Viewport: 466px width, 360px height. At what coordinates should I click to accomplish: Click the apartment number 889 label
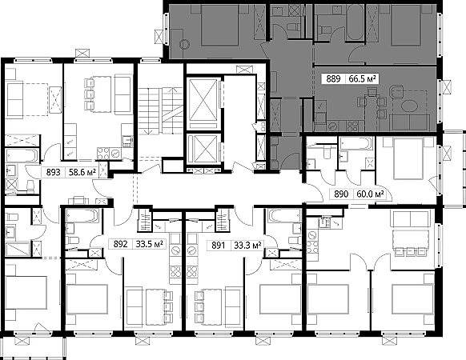333,79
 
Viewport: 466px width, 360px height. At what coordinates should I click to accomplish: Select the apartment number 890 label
341,194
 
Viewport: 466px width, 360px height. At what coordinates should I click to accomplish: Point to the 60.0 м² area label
370,194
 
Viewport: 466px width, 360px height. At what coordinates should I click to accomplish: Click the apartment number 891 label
218,246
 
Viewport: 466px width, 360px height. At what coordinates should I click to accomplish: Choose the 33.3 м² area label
248,246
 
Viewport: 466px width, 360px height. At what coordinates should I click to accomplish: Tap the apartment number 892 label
120,244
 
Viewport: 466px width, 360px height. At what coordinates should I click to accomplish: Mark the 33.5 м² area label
150,244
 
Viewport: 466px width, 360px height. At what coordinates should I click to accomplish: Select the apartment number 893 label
53,172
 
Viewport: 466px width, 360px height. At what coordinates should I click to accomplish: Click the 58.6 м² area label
82,172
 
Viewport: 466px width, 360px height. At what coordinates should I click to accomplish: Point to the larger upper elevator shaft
203,100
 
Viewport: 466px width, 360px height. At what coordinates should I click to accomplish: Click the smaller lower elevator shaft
203,149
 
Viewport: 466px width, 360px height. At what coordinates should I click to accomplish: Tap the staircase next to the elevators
160,110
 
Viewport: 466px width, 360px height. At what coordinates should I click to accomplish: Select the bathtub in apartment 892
82,216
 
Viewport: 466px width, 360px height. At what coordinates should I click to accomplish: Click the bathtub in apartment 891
283,215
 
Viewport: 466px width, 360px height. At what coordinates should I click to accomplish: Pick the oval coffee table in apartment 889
409,106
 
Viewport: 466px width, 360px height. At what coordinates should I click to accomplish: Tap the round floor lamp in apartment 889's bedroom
184,45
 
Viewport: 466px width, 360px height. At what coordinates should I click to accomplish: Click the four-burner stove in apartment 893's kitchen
104,154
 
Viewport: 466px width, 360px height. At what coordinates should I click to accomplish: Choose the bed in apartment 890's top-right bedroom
408,159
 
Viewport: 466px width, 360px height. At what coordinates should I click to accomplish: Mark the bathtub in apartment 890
356,143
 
